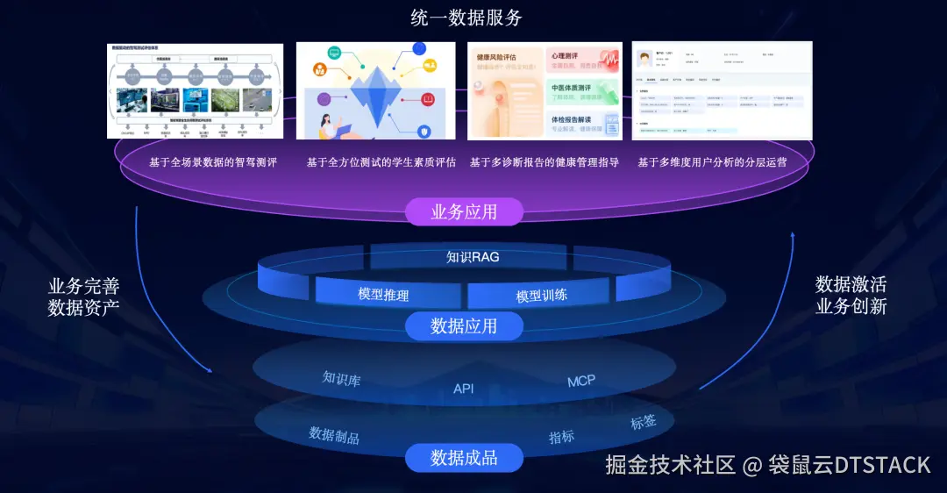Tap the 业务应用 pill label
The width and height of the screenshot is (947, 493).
[x=464, y=211]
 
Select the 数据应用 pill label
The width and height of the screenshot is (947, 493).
[x=464, y=326]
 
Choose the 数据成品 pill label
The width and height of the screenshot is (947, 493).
[x=464, y=458]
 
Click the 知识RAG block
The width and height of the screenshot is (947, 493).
[x=473, y=257]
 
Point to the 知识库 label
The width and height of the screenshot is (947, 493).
[x=341, y=379]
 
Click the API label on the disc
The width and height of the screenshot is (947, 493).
[x=463, y=389]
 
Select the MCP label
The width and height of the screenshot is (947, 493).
[x=581, y=381]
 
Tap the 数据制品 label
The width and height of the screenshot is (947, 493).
[x=334, y=435]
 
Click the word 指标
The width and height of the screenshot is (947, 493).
[x=562, y=437]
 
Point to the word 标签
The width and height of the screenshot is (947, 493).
[x=643, y=422]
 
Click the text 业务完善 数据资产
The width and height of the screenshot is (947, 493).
[x=84, y=297]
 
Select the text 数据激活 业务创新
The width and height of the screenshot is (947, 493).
[x=851, y=296]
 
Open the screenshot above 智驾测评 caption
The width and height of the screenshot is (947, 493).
[x=196, y=90]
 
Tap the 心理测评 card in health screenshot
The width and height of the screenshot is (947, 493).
[x=583, y=61]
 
